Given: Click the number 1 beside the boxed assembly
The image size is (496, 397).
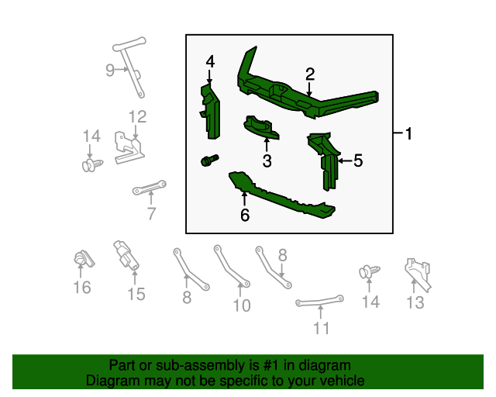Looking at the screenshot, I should tap(408, 134).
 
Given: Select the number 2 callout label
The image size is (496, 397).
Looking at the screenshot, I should tap(310, 74).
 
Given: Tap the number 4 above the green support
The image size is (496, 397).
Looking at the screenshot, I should tap(210, 61).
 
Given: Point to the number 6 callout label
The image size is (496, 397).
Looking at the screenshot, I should tap(245, 215).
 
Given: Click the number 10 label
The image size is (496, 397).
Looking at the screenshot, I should tap(242, 306).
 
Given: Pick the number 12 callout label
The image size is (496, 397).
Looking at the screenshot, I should tap(137, 118).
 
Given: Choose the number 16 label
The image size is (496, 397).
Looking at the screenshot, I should tap(81, 288).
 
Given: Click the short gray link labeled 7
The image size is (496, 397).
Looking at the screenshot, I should tap(150, 188).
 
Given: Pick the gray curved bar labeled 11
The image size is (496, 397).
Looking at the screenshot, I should tap(319, 301).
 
